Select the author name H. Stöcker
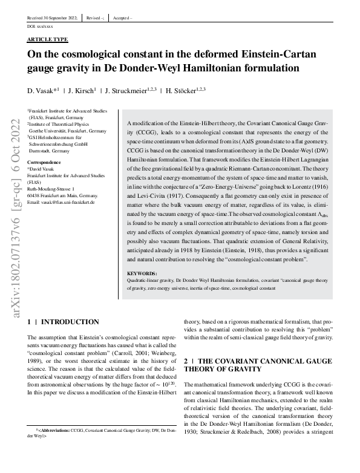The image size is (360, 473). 182,90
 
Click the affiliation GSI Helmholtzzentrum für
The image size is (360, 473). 57,137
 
